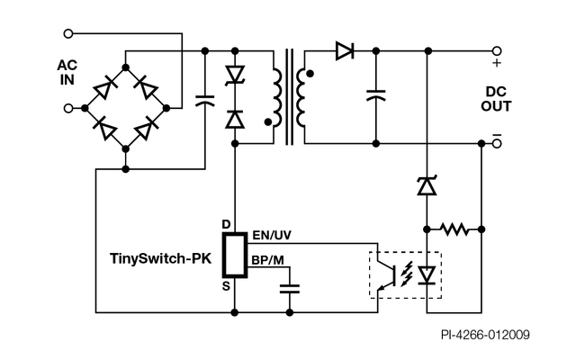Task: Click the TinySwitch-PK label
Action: pos(159,256)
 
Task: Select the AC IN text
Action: pos(67,72)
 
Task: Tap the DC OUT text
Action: pos(499,99)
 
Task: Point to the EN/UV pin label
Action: pos(272,236)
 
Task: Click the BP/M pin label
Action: pos(268,261)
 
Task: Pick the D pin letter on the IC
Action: pos(227,224)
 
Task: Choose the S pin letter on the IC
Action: pos(227,285)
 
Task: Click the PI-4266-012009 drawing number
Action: pos(485,335)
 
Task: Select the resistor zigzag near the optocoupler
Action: pos(455,229)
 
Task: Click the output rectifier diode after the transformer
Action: pos(344,51)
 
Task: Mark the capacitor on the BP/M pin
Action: pos(289,289)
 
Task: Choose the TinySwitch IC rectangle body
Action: pos(235,255)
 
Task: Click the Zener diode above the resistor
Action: pos(426,187)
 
